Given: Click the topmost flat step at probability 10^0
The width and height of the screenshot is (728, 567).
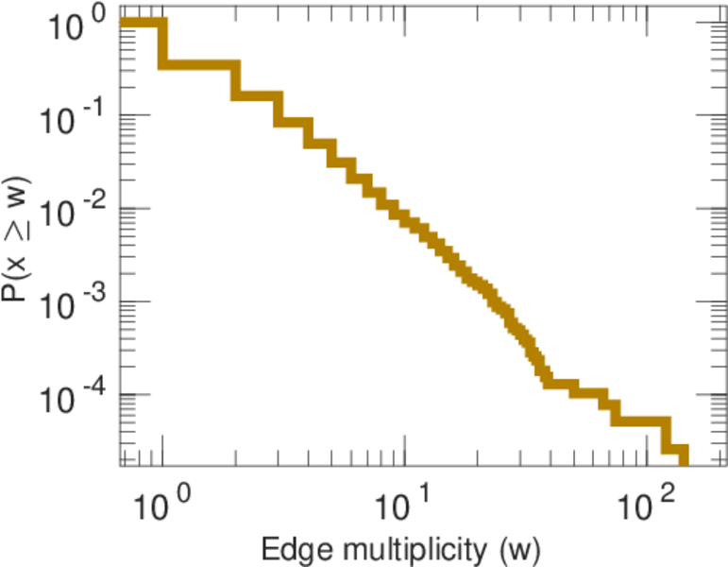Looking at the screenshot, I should click(x=143, y=24).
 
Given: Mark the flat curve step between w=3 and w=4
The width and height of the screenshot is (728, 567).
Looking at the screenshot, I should click(x=293, y=123).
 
